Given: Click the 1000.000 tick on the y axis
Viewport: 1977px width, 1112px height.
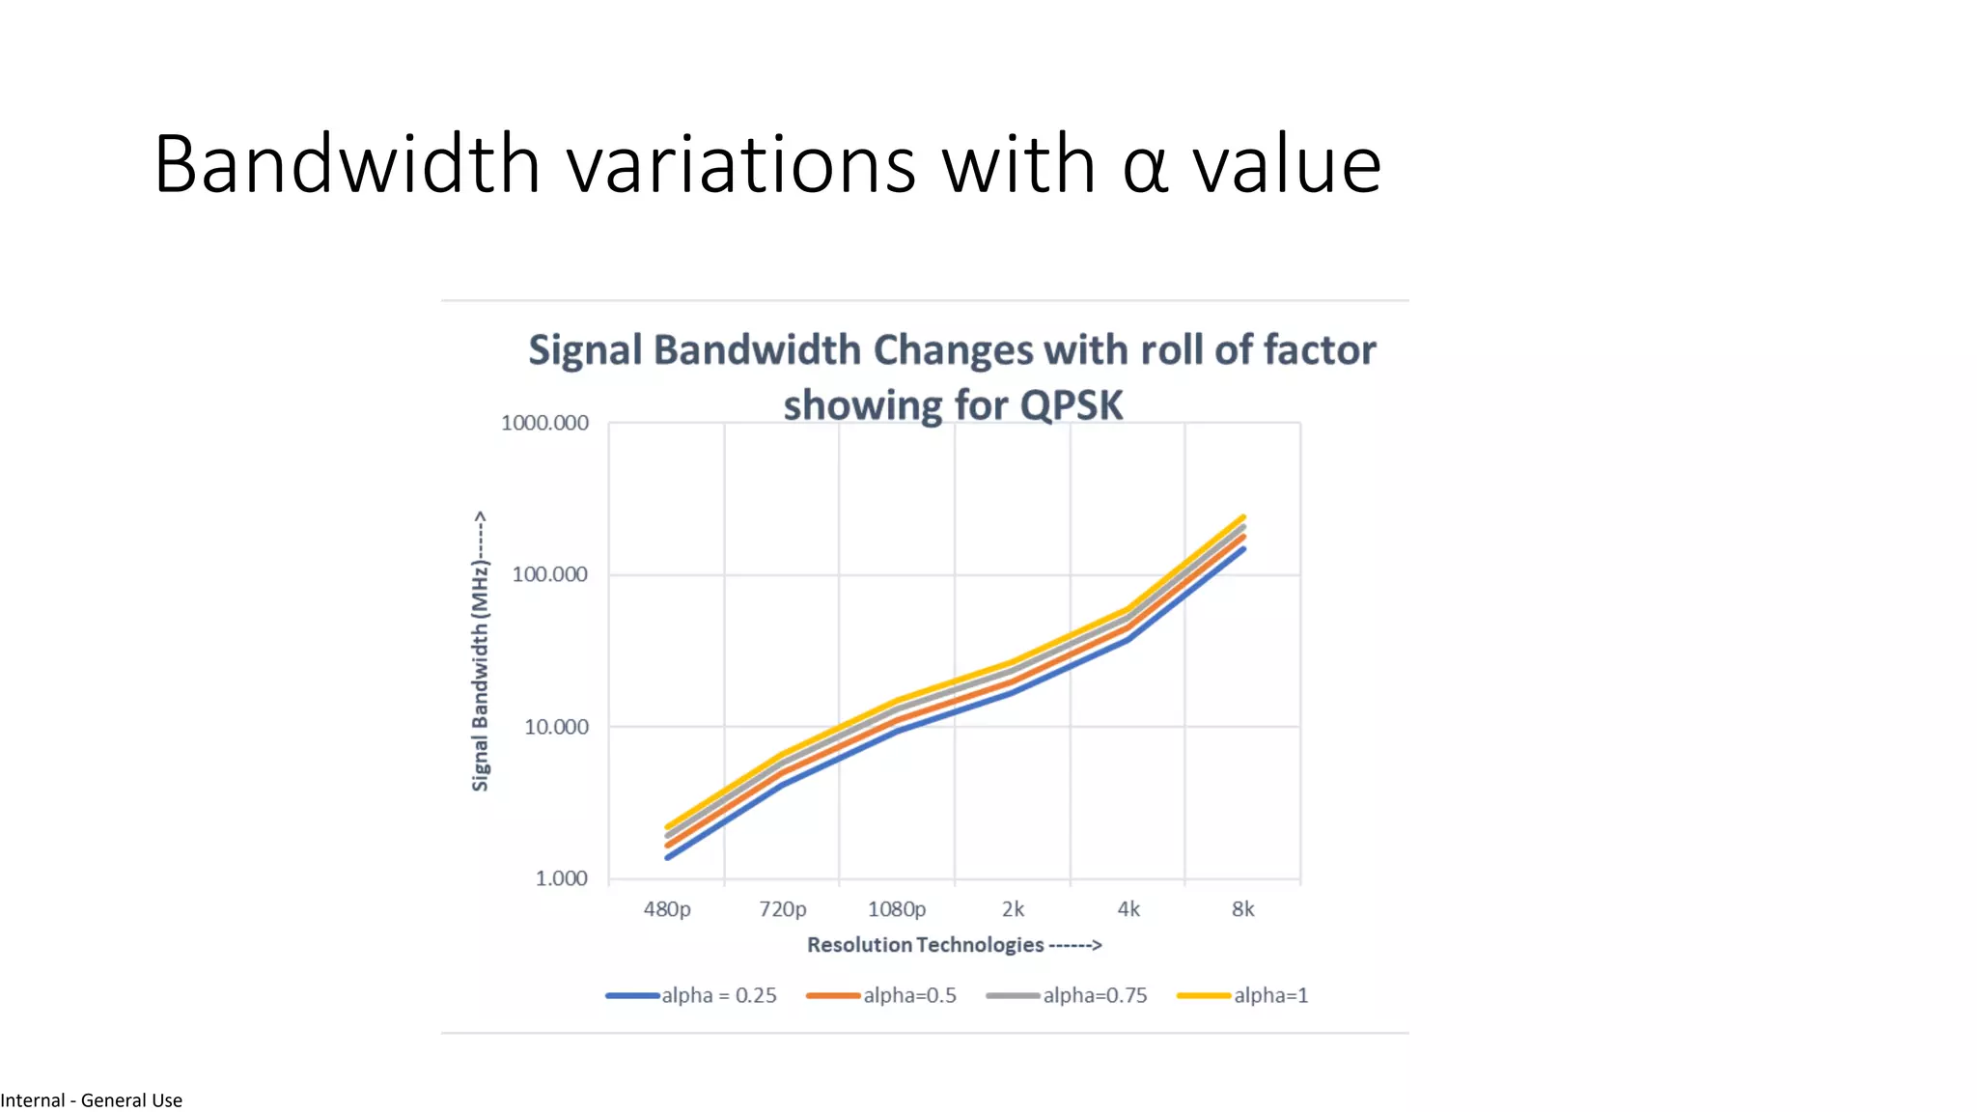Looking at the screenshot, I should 544,423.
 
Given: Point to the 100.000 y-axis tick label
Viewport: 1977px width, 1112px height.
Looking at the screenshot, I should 549,574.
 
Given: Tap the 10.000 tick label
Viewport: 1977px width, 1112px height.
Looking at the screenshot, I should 556,727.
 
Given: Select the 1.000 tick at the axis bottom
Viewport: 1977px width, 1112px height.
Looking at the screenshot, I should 561,878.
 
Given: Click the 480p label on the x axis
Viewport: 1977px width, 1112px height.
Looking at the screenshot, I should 667,909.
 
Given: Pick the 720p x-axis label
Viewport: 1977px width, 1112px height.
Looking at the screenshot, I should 782,909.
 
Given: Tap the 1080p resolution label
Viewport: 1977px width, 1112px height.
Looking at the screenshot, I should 897,909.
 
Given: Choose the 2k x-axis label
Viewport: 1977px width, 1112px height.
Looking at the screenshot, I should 1013,909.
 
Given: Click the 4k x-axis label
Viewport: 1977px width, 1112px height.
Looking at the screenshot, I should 1128,909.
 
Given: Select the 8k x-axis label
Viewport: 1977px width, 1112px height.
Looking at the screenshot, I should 1243,909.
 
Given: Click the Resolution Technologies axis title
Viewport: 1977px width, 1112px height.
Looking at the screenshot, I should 954,945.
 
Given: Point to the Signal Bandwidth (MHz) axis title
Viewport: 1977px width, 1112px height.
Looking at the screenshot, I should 480,652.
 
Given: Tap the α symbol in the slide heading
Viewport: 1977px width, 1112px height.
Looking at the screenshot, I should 1145,166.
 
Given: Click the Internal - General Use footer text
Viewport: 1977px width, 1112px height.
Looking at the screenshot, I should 92,1100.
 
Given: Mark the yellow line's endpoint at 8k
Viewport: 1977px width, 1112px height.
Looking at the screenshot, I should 1243,517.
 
